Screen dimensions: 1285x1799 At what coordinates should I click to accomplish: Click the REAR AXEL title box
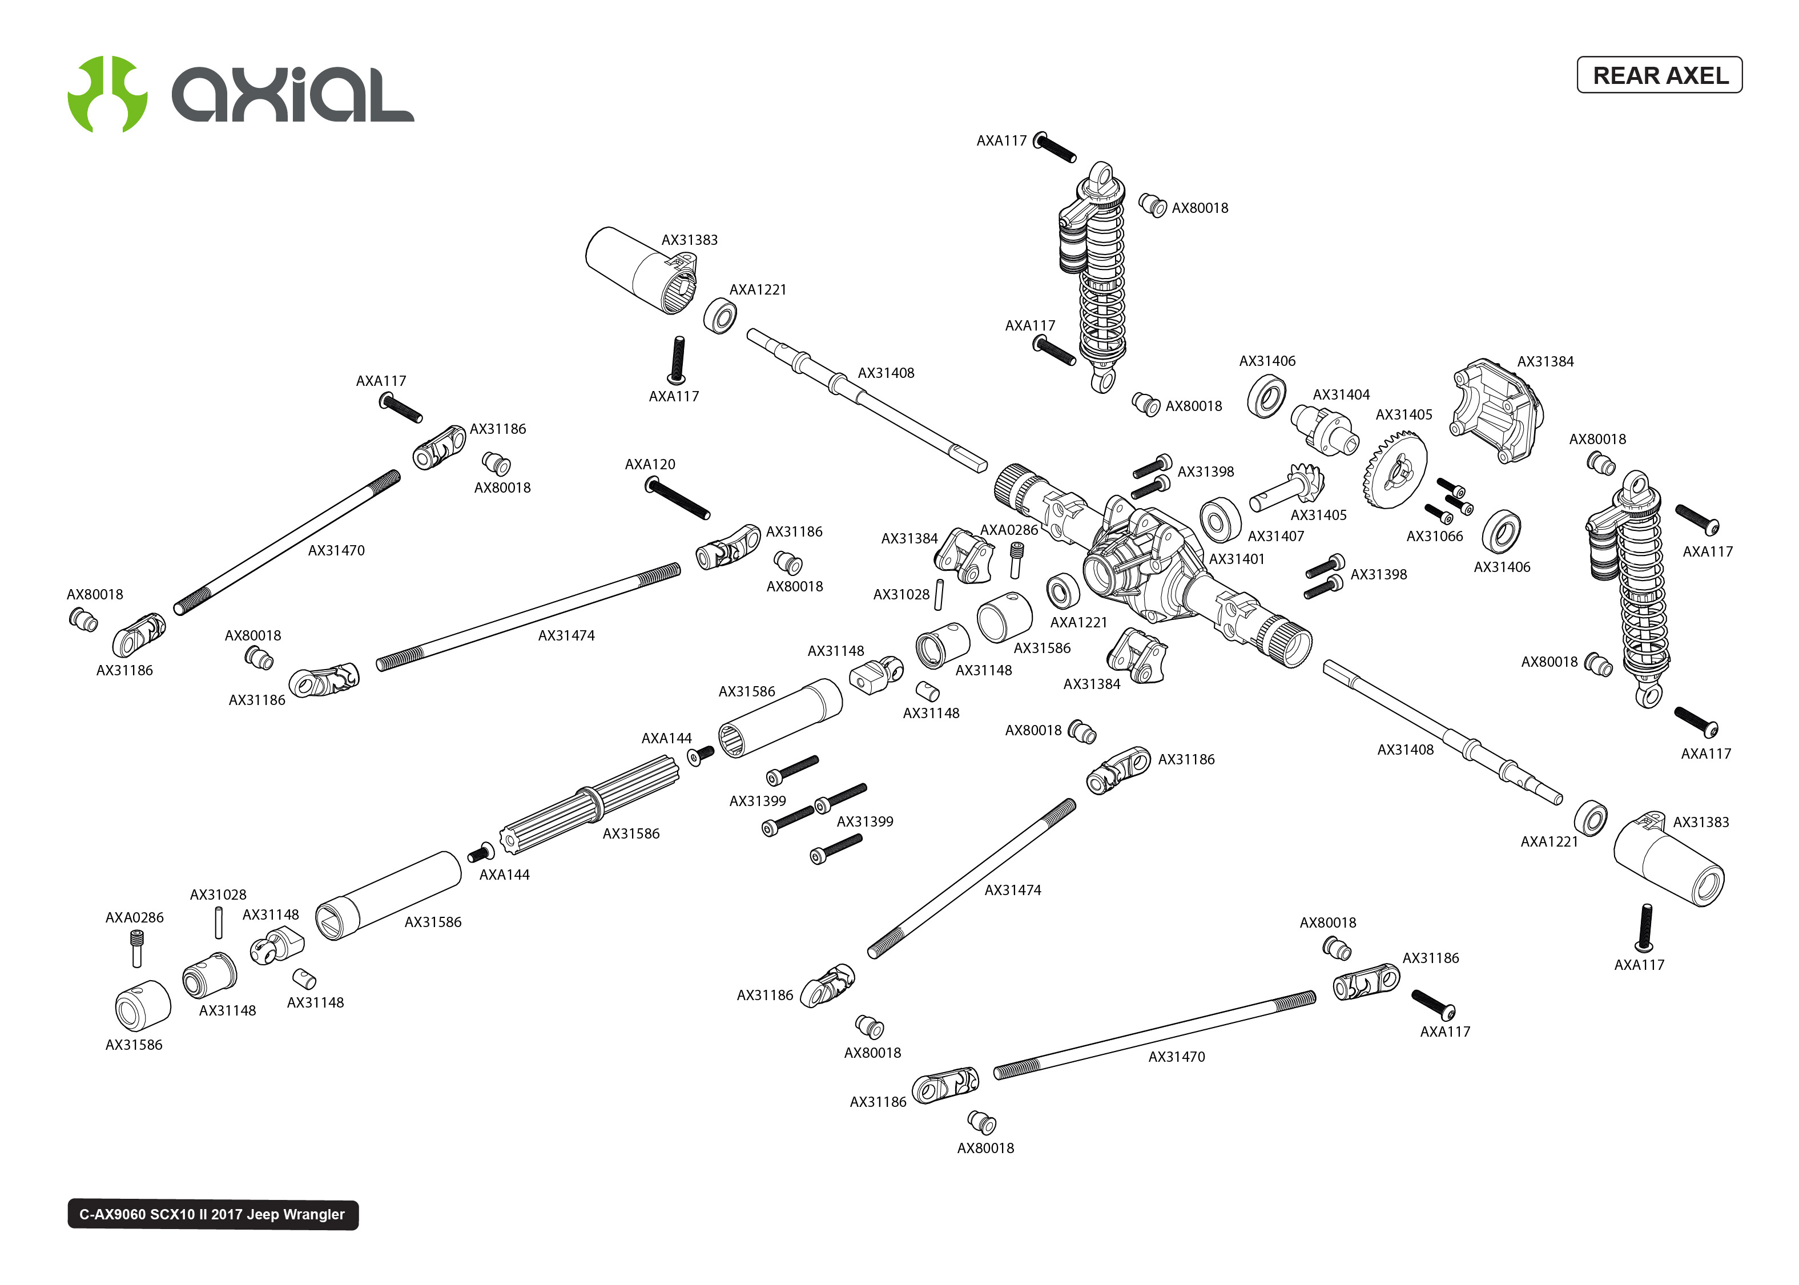pos(1659,75)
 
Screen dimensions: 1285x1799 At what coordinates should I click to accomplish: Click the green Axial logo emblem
pos(107,94)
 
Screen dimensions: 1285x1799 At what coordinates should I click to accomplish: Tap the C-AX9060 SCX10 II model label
pos(212,1215)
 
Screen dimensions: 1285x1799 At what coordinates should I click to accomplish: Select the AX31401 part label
pos(1237,559)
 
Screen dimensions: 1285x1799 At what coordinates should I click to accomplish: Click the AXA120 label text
pos(650,465)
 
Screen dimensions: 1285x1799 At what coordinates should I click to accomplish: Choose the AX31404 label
pos(1341,395)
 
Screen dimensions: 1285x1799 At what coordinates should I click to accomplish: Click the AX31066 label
pos(1434,537)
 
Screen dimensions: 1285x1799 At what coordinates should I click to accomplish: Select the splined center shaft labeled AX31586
pos(589,805)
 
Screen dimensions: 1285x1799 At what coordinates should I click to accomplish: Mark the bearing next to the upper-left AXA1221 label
pos(720,316)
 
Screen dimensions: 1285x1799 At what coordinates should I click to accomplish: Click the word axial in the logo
pos(293,95)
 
